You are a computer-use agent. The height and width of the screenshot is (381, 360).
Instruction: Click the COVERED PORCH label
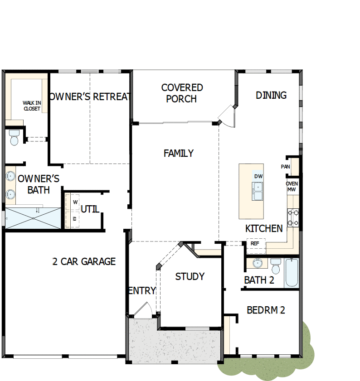coord(182,93)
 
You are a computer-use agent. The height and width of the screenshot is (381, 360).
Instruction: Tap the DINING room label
coord(271,95)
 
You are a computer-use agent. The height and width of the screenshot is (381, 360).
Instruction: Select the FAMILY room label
coord(179,154)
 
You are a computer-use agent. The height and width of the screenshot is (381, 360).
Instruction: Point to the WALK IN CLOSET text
coord(32,106)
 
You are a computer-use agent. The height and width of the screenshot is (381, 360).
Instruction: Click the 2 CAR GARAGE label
coord(84,261)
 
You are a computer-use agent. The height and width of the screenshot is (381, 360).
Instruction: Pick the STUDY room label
coord(190,276)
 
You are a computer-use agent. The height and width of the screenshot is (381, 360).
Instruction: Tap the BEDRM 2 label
coord(266,310)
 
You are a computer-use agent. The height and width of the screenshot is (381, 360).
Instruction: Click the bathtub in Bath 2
coord(292,272)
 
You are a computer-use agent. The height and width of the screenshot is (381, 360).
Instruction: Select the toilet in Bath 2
coord(275,266)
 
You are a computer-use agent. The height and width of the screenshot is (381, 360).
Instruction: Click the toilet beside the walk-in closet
coord(14,137)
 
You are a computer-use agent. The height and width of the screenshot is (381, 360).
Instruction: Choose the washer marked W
coord(75,202)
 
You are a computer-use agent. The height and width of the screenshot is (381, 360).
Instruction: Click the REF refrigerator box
coord(255,243)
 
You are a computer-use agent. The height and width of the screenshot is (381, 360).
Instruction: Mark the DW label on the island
coord(258,176)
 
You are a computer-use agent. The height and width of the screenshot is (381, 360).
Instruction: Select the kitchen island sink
coord(258,191)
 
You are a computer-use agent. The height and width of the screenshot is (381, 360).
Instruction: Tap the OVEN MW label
coord(292,186)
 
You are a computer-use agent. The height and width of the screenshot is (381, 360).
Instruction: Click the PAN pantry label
coord(285,167)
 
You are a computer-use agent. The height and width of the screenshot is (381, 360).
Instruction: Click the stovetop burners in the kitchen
coord(292,217)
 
